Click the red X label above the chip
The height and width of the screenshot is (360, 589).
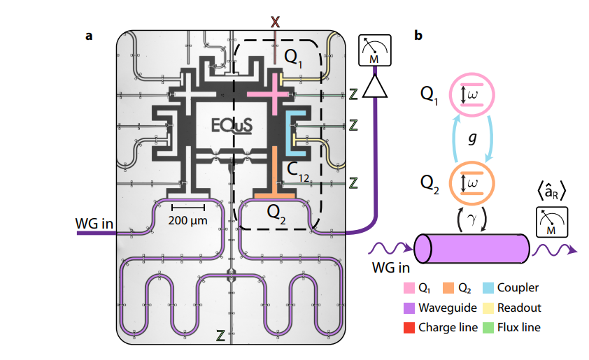pyautogui.click(x=275, y=22)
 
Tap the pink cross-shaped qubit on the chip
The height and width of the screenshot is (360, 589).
pyautogui.click(x=268, y=94)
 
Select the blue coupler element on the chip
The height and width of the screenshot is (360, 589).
pyautogui.click(x=294, y=133)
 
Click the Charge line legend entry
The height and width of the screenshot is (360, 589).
pyautogui.click(x=448, y=327)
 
